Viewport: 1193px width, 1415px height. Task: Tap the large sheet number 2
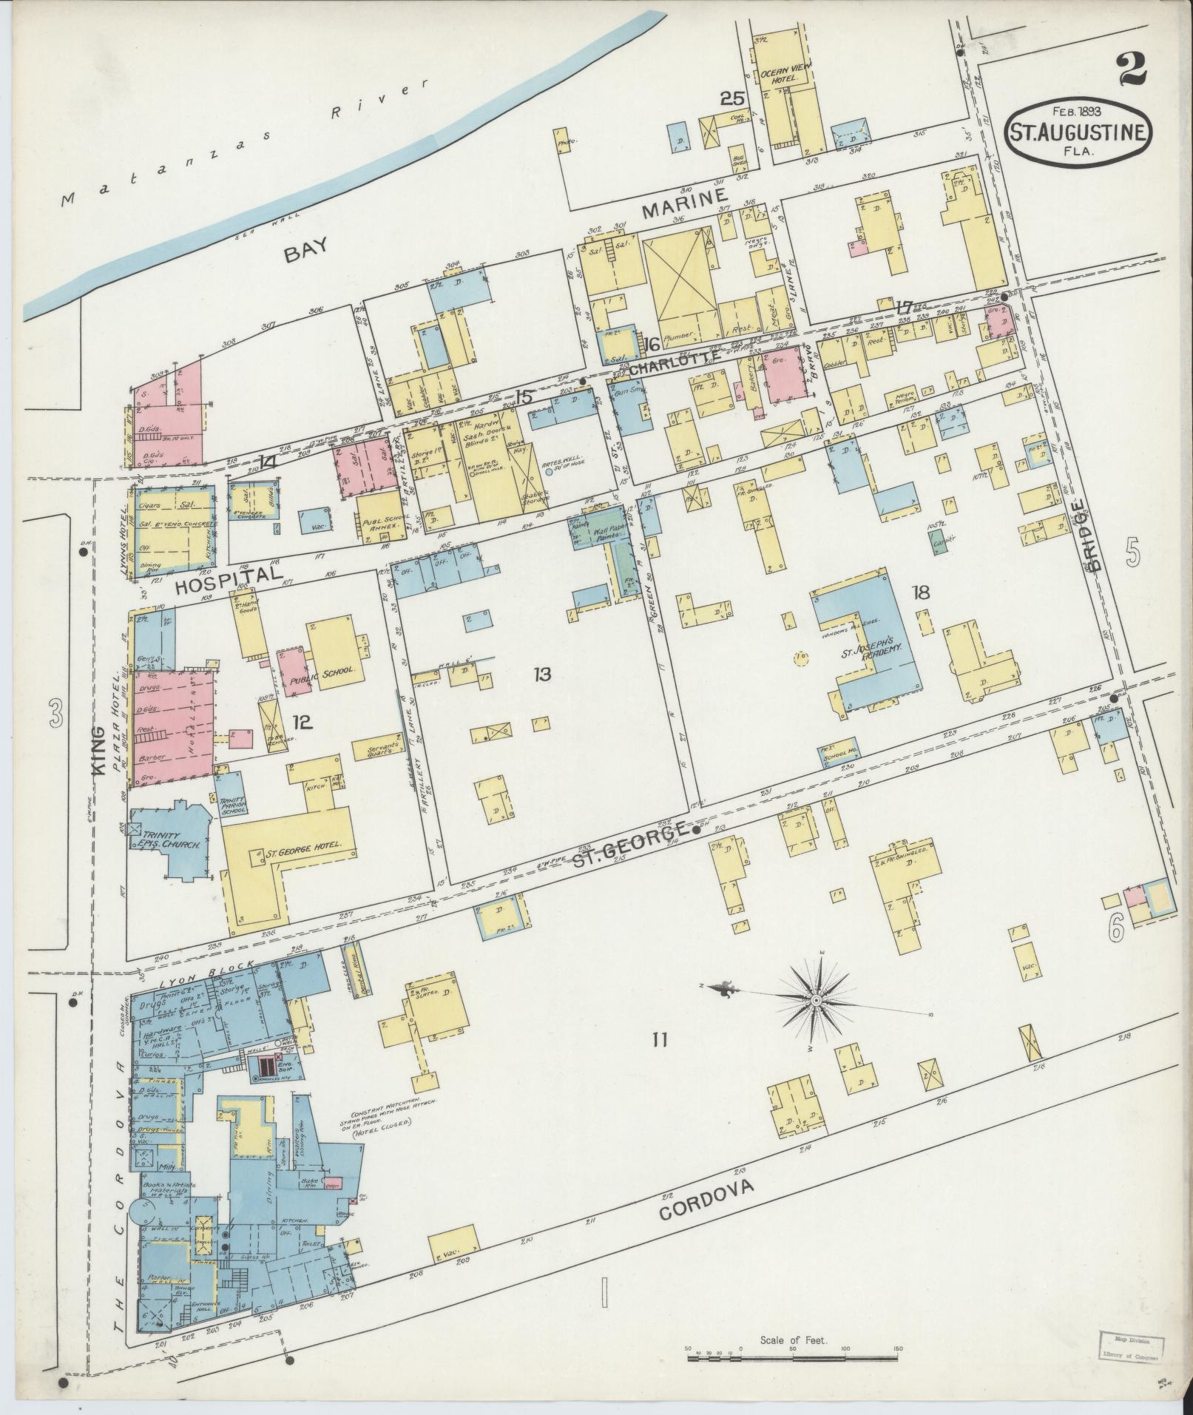tap(1131, 72)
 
